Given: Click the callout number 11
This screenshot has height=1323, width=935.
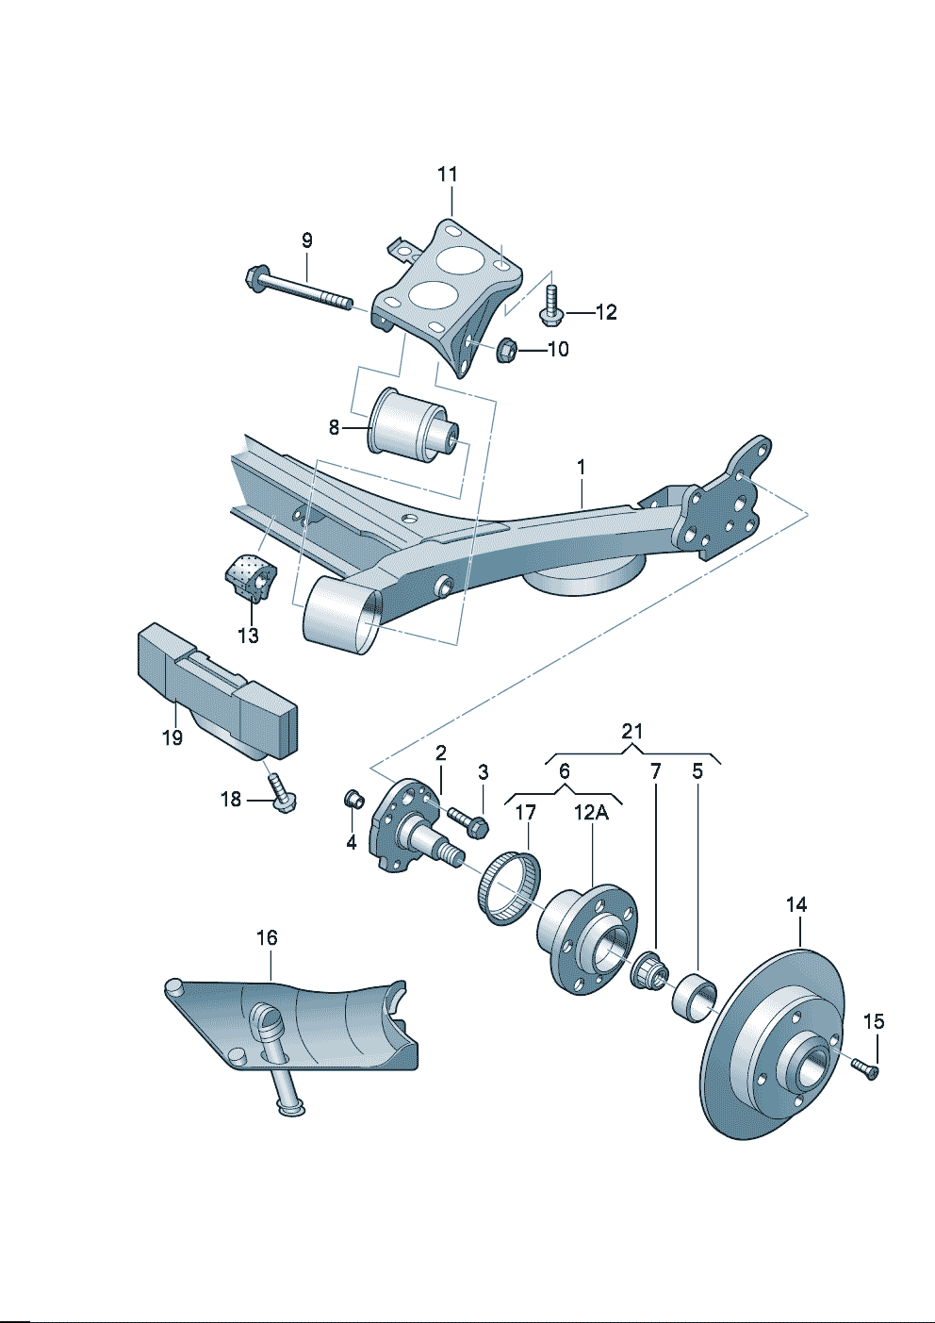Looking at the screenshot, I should coord(448,174).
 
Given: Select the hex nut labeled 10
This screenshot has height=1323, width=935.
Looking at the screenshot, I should coord(506,350).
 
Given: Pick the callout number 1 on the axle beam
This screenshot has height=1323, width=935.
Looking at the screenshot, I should coord(582,467).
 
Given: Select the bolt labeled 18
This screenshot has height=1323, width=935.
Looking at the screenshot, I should coord(281,794).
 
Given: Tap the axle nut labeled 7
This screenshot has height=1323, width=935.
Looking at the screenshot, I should coord(649,969).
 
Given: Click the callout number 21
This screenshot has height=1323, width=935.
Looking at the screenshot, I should coord(632,731).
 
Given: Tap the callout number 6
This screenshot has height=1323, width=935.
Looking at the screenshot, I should coord(564,771).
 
